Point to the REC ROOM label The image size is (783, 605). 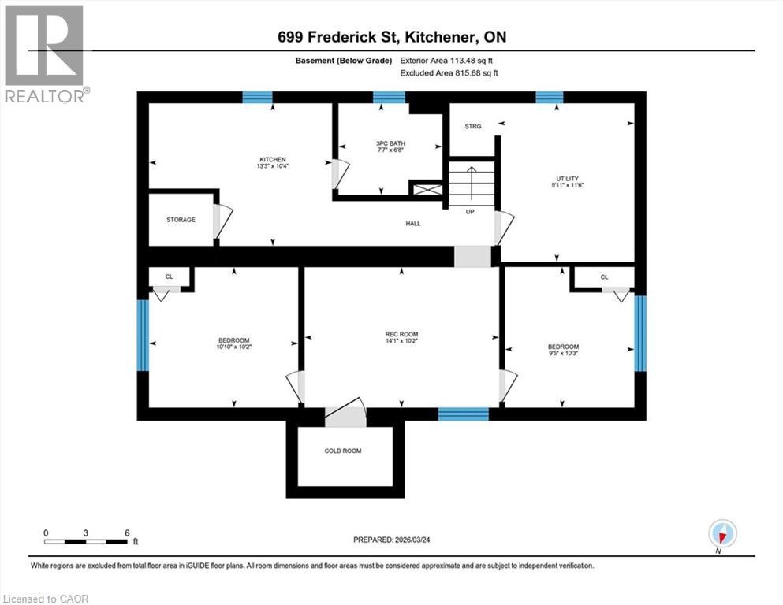coord(401,336)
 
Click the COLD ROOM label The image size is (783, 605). coord(344,451)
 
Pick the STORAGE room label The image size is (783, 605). coord(181,220)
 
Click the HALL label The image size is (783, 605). coord(412,224)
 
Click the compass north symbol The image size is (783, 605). coord(721,534)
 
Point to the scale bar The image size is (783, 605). coord(86,541)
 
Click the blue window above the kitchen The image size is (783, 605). coord(257,98)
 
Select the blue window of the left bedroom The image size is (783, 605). coord(144,336)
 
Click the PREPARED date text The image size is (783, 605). coord(401,540)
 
